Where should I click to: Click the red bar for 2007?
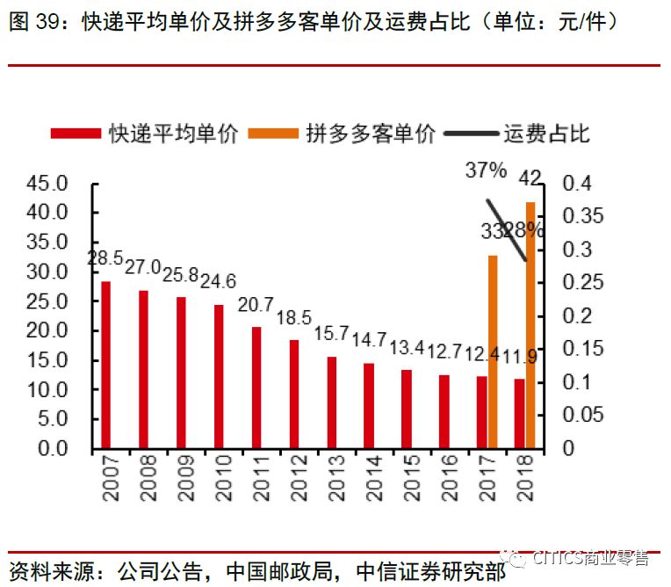click(x=105, y=365)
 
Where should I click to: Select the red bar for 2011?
click(x=256, y=388)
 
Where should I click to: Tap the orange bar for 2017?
click(x=493, y=351)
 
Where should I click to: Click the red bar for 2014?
click(x=369, y=405)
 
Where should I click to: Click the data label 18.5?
click(x=294, y=317)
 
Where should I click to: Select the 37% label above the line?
click(x=486, y=171)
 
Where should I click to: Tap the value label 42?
click(x=530, y=179)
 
